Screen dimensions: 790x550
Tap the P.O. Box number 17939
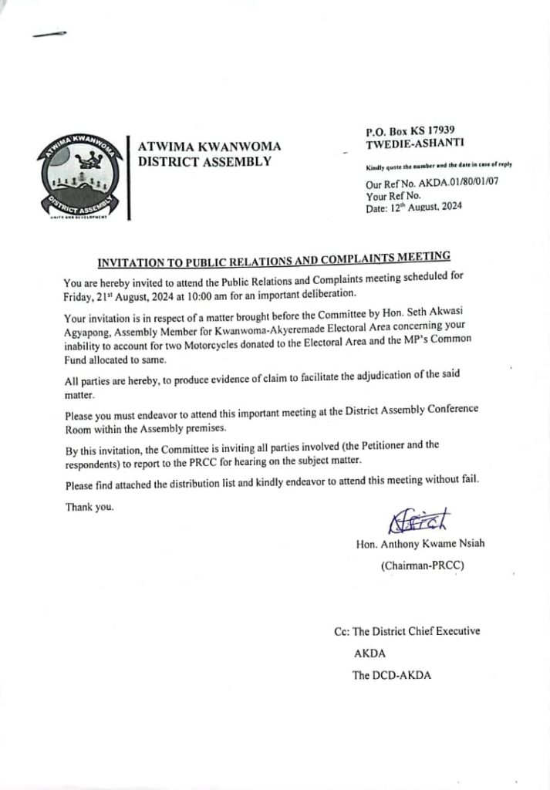433,132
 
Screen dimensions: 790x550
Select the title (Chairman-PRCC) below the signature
421,566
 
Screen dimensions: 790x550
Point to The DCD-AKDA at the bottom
392,675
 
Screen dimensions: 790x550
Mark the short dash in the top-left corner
50,34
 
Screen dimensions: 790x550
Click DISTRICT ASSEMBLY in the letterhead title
204,161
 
